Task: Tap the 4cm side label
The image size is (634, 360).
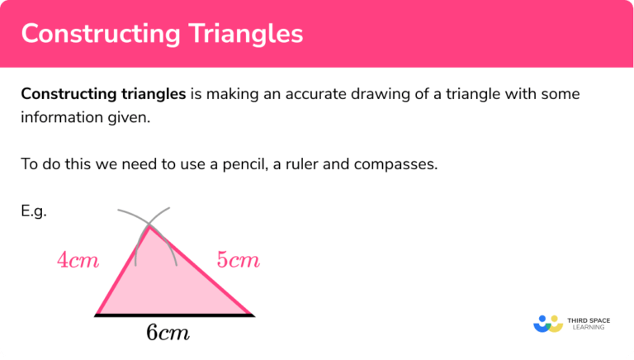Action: pyautogui.click(x=78, y=261)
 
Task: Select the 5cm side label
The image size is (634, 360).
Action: pyautogui.click(x=239, y=261)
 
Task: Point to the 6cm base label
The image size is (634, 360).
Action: pyautogui.click(x=168, y=333)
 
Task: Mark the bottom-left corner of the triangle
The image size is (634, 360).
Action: pyautogui.click(x=97, y=315)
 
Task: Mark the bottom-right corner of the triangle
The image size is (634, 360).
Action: pyautogui.click(x=252, y=315)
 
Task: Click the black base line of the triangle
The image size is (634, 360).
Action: pyautogui.click(x=174, y=315)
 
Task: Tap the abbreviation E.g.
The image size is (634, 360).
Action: pyautogui.click(x=34, y=211)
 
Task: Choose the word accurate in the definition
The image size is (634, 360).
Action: pyautogui.click(x=335, y=94)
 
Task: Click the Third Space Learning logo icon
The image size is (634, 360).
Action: pyautogui.click(x=547, y=323)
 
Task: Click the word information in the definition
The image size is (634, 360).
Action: pyautogui.click(x=61, y=117)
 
